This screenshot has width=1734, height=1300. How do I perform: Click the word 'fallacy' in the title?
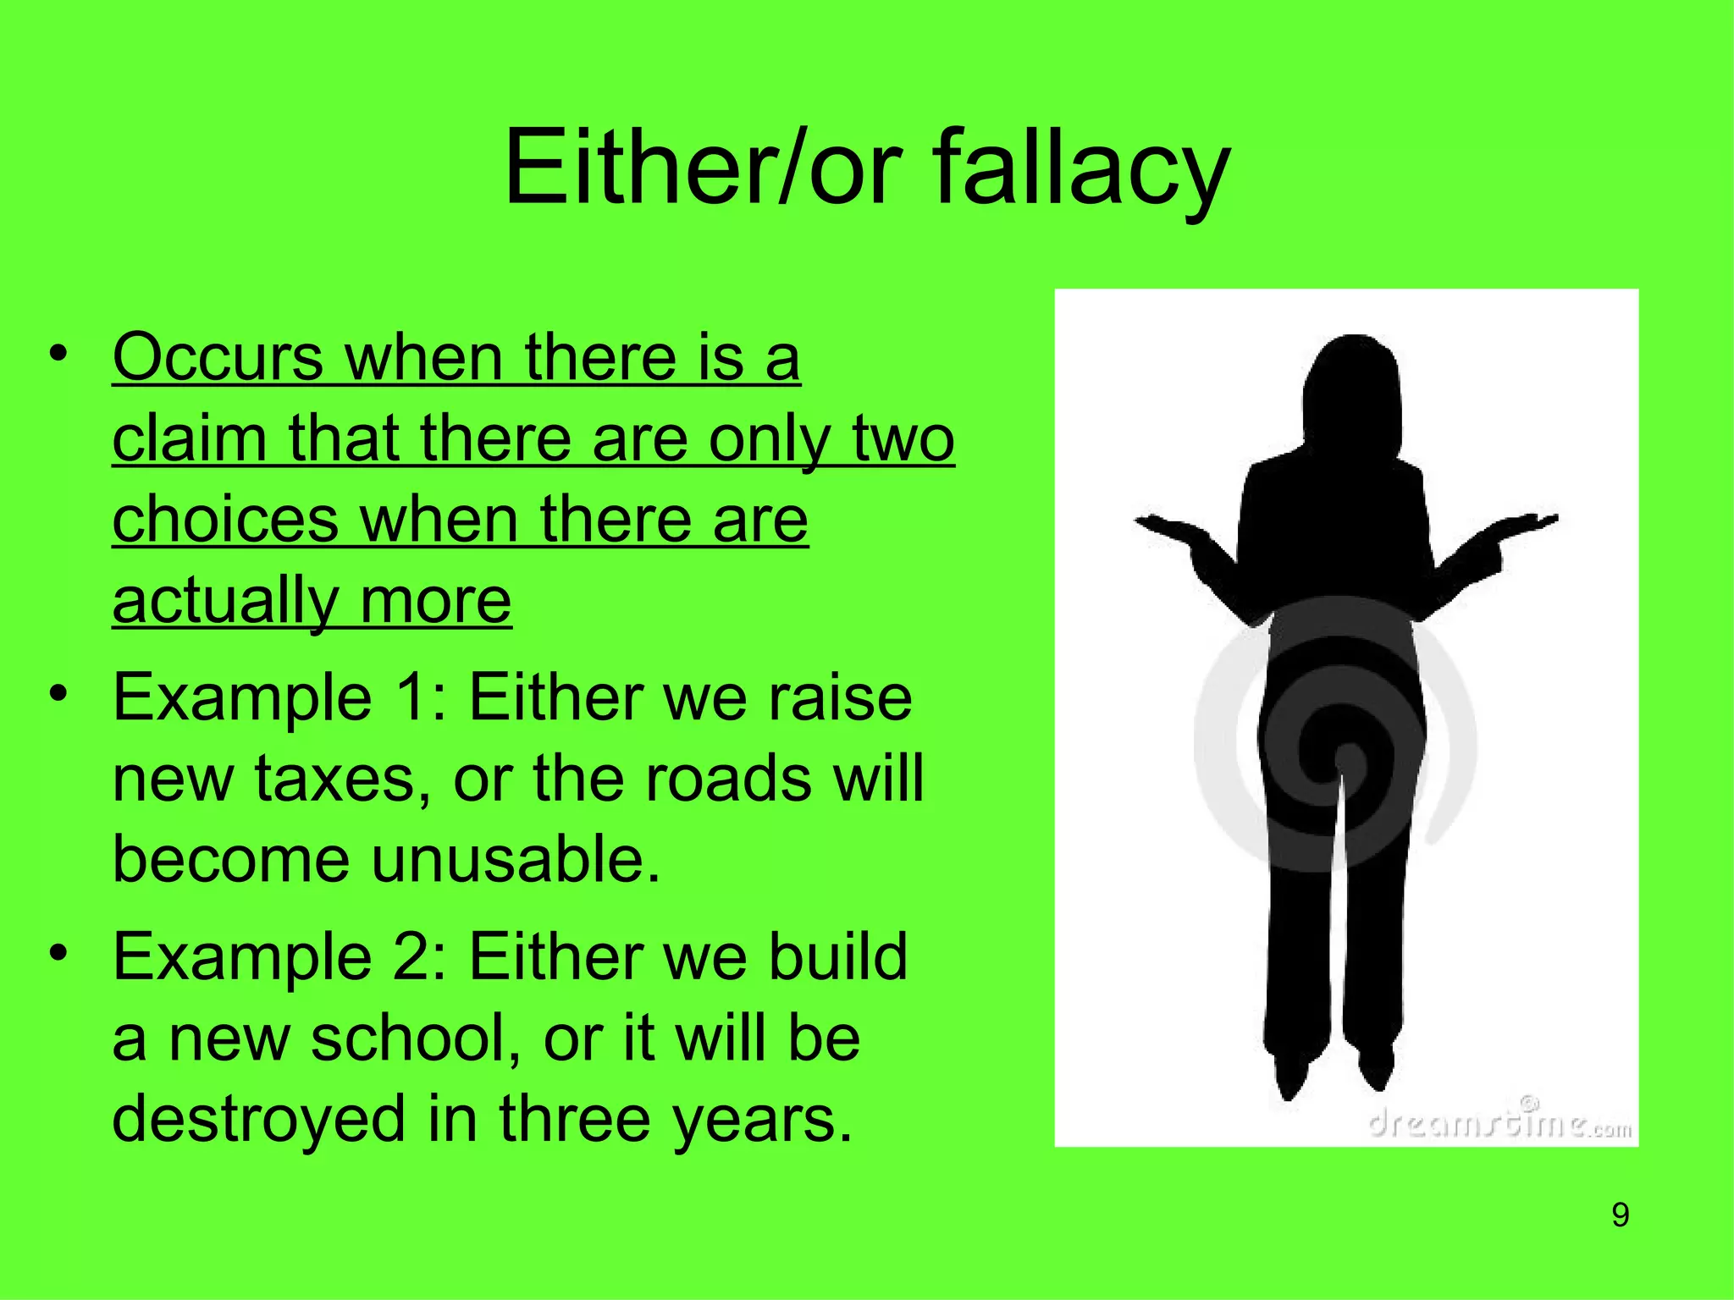[1081, 167]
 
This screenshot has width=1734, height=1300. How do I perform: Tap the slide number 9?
[1620, 1215]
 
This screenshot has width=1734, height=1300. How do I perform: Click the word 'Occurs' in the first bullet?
[218, 357]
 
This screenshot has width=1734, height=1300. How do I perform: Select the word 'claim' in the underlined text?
[189, 438]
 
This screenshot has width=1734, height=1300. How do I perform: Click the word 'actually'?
[224, 601]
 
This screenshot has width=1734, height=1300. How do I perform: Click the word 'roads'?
[726, 779]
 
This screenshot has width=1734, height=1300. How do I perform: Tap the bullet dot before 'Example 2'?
[58, 953]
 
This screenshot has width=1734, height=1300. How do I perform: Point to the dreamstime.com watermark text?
[1499, 1123]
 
